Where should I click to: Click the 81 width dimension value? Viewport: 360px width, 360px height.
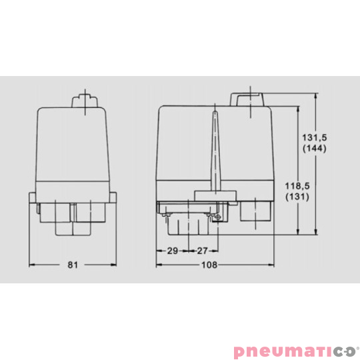(73, 265)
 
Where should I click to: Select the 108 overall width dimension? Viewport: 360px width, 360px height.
(211, 265)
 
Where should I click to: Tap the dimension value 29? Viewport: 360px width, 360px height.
(171, 251)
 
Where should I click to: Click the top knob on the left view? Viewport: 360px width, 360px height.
(85, 102)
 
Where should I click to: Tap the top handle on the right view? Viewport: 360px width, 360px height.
(250, 99)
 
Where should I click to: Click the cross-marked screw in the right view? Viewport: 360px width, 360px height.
(216, 217)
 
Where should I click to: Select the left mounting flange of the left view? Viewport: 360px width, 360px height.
(33, 203)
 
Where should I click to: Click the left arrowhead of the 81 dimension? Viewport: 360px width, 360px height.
(32, 265)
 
